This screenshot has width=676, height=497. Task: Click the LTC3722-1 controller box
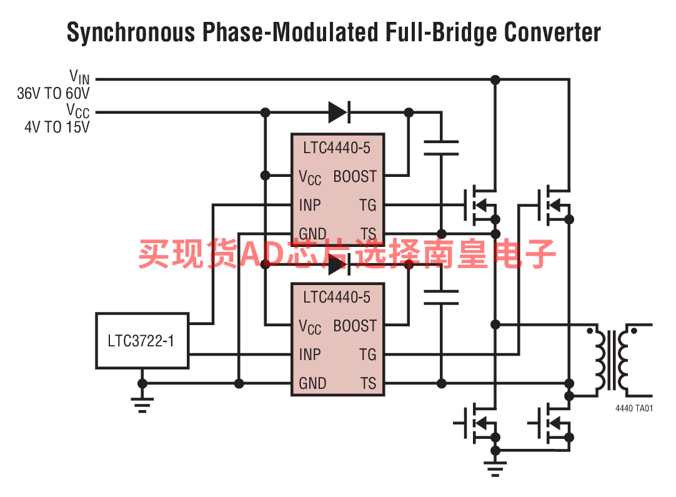point(142,341)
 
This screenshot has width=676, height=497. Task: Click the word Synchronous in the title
point(131,33)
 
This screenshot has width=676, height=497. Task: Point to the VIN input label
point(79,78)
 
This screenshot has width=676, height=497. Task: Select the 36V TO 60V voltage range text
point(53,93)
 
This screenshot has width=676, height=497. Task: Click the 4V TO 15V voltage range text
point(57,127)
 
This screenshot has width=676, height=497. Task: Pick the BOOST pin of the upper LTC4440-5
point(355,176)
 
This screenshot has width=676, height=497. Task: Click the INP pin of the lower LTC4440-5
point(309,354)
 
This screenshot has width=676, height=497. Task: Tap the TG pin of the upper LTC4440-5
point(368,205)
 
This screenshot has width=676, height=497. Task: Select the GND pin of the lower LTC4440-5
point(312,383)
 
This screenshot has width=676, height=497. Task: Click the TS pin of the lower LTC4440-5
point(368,383)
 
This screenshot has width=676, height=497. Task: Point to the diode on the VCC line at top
point(339,113)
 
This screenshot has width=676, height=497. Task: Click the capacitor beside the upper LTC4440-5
point(441,148)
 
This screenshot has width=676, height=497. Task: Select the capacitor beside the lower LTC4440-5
point(441,297)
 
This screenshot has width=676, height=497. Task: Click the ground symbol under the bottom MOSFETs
point(495,468)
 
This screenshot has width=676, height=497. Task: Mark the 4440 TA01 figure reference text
point(634,408)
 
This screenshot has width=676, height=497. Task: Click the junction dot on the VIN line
point(495,80)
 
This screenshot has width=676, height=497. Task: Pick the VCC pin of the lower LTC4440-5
point(310,326)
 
